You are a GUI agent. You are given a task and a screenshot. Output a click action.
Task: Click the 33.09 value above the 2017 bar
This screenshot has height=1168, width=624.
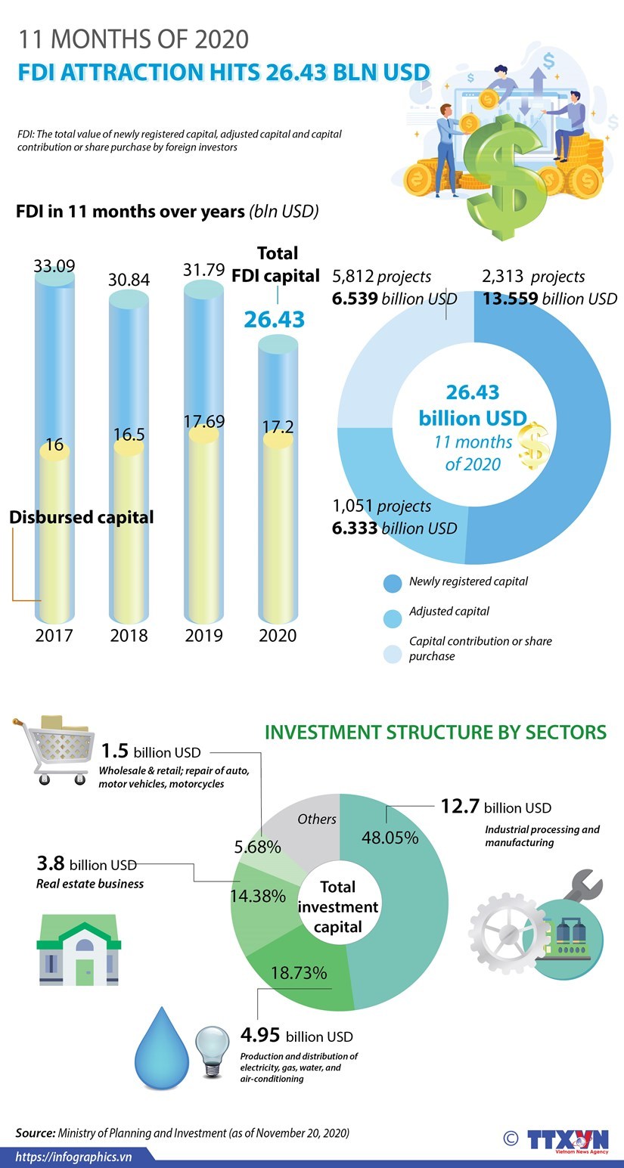click(x=54, y=266)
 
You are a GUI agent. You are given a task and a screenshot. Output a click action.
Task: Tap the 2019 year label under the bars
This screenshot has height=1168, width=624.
click(x=203, y=634)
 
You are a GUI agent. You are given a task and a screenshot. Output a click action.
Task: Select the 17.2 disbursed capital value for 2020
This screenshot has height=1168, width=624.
click(x=278, y=427)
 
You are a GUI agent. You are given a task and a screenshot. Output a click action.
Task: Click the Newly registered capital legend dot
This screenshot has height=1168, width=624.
click(x=393, y=583)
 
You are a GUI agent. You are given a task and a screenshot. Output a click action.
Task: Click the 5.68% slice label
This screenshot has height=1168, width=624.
click(x=257, y=847)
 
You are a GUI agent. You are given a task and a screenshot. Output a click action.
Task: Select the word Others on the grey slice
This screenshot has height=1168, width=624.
click(x=317, y=819)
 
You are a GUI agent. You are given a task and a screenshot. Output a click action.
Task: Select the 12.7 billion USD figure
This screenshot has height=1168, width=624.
click(x=496, y=807)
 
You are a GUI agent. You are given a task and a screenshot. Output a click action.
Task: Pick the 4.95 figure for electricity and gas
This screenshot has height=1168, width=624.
click(x=260, y=1035)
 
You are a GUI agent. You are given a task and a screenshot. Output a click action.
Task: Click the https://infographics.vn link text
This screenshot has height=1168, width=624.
click(x=74, y=1157)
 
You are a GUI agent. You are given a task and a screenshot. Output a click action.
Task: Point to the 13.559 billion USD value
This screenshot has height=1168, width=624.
click(x=550, y=299)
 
